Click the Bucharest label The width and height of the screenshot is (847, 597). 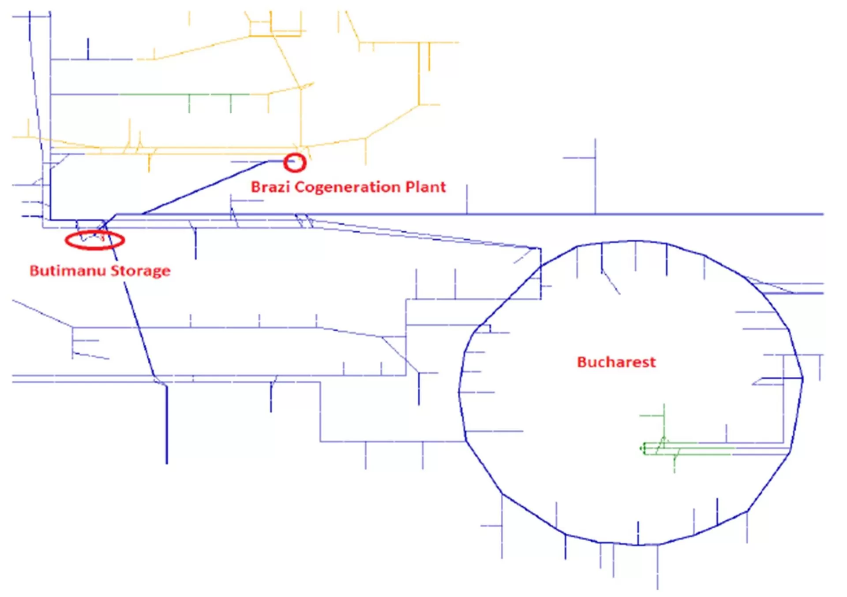coord(616,362)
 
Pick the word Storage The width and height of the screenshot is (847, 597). coord(140,271)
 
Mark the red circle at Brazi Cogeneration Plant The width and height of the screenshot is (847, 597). coord(294,163)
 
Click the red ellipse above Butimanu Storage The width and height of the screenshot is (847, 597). coord(94,240)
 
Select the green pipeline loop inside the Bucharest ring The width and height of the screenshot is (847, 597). coord(688,449)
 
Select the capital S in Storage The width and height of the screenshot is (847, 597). coord(115,271)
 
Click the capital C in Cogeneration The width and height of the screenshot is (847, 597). coord(300,187)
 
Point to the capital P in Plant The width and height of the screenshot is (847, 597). coord(410,187)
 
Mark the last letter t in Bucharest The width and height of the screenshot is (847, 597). coord(653,363)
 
